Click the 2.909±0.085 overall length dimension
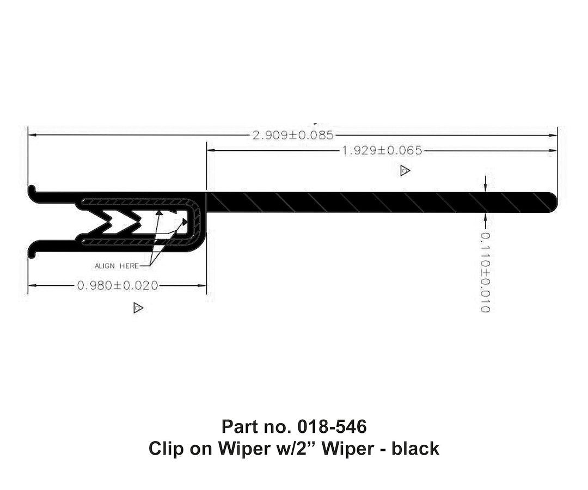[293, 135]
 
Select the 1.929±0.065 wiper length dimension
[382, 150]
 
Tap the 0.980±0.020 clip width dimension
[118, 285]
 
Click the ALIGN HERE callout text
[117, 266]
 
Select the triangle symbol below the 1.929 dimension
[405, 171]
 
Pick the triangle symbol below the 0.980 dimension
[138, 308]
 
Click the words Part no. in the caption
[250, 425]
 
